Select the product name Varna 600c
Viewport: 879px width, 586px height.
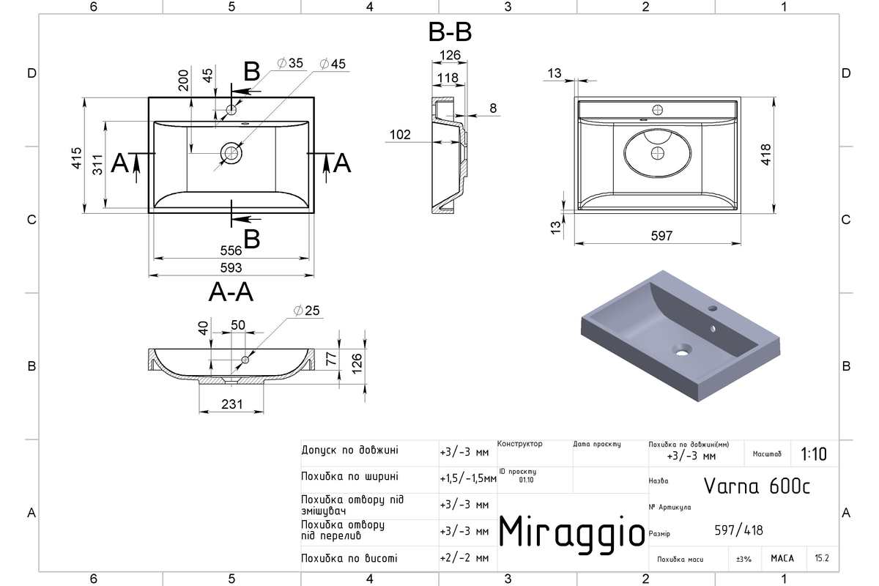click(757, 486)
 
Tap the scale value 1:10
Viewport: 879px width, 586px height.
click(814, 454)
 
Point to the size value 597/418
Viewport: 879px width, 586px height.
click(738, 530)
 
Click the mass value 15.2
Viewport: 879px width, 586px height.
click(822, 557)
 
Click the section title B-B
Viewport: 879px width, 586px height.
click(450, 31)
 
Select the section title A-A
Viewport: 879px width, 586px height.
click(231, 292)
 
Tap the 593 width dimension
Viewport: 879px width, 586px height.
click(231, 267)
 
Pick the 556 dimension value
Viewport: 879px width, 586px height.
click(231, 251)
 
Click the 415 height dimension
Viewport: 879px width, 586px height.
click(77, 157)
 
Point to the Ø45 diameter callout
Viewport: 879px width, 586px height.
click(333, 64)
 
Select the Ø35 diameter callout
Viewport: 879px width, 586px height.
click(290, 63)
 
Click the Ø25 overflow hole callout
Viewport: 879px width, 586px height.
click(306, 311)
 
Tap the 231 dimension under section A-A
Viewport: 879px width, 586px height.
click(232, 404)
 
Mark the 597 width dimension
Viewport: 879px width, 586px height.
click(661, 236)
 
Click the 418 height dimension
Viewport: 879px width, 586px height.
click(765, 155)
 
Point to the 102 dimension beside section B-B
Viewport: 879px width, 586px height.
click(400, 135)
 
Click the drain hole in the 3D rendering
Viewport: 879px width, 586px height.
click(682, 350)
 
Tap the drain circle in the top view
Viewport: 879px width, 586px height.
click(231, 153)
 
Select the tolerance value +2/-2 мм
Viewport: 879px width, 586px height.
click(464, 557)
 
